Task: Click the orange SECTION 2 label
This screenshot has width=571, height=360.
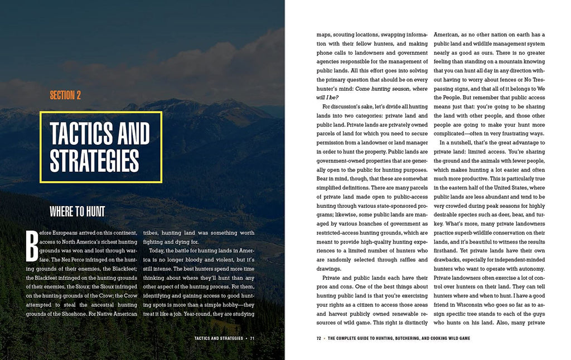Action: (x=65, y=95)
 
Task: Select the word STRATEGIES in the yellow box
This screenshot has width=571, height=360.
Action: (x=94, y=160)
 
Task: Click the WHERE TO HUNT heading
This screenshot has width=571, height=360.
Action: (x=77, y=211)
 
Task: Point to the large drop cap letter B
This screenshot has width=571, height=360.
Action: (x=32, y=246)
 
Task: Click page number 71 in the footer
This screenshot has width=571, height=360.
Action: (x=252, y=338)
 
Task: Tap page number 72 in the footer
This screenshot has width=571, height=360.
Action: (x=319, y=338)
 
